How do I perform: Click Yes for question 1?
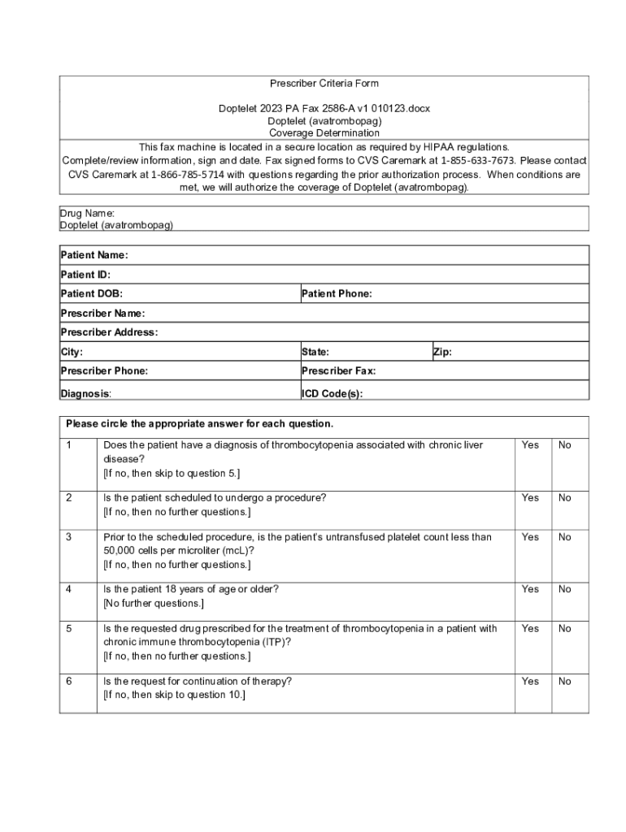pyautogui.click(x=530, y=445)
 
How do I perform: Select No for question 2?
pyautogui.click(x=564, y=498)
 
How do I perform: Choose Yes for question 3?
pyautogui.click(x=530, y=537)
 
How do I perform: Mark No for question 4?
pyautogui.click(x=564, y=589)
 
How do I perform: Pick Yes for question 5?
pyautogui.click(x=530, y=629)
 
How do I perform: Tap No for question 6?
pyautogui.click(x=564, y=682)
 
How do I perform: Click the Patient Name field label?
pyautogui.click(x=94, y=255)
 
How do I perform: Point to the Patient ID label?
pyautogui.click(x=85, y=275)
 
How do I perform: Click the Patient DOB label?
pyautogui.click(x=92, y=294)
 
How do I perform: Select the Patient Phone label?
pyautogui.click(x=337, y=294)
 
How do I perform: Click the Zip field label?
pyautogui.click(x=442, y=353)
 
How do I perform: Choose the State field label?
pyautogui.click(x=315, y=353)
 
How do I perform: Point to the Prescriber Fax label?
pyautogui.click(x=339, y=371)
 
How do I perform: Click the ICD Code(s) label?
pyautogui.click(x=333, y=393)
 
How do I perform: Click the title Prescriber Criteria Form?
pyautogui.click(x=324, y=84)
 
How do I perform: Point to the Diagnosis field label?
pyautogui.click(x=86, y=393)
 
